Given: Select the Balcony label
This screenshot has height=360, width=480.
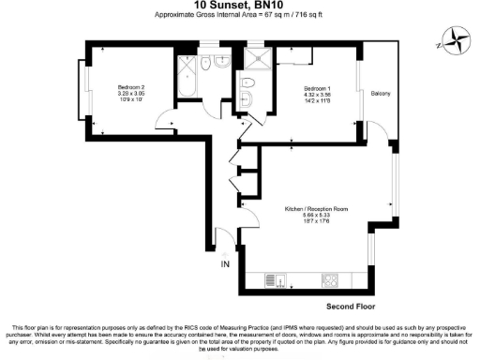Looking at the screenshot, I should (380, 93).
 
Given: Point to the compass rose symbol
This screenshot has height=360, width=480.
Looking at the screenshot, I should (457, 41).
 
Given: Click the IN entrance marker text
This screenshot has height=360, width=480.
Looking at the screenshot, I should (224, 265).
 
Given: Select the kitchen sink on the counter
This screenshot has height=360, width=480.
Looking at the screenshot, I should (271, 278).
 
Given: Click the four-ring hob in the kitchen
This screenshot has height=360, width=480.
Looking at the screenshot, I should (330, 278).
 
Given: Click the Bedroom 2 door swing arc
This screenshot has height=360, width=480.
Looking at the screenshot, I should (165, 121).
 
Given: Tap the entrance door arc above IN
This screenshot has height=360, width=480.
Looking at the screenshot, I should (221, 241).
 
